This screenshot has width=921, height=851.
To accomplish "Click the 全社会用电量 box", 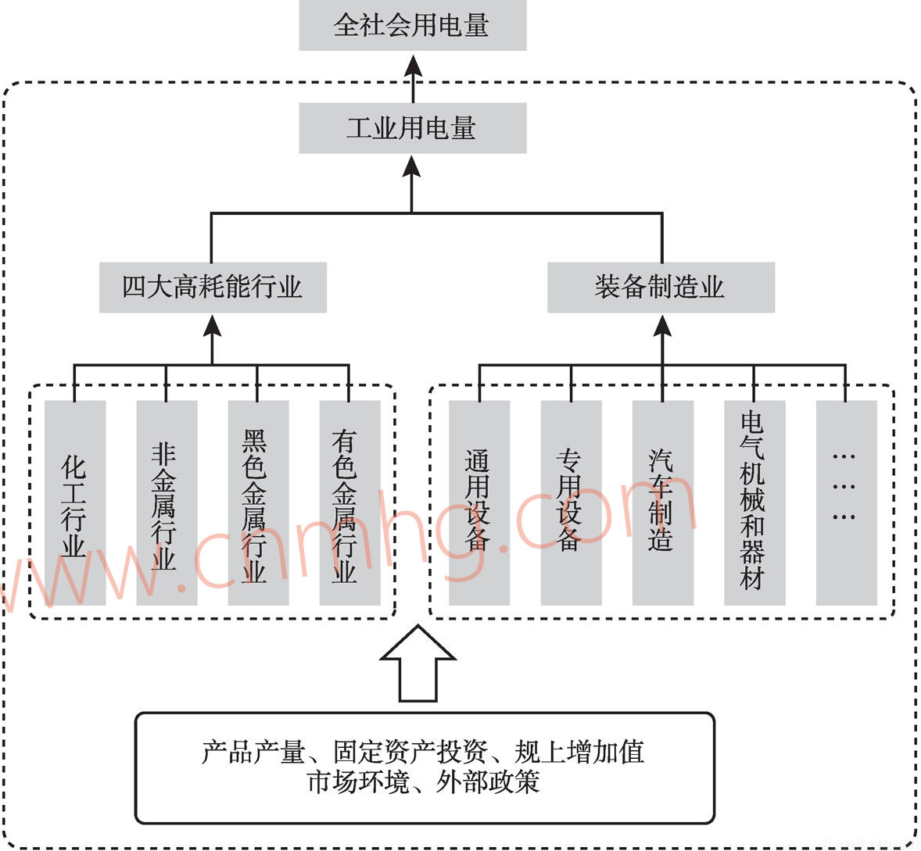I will (412, 26).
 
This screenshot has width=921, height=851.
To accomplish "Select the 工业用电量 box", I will (412, 128).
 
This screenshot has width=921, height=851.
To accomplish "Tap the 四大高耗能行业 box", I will (213, 287).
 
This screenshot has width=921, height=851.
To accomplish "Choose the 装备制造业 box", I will (661, 287).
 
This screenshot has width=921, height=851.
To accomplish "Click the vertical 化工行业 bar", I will (75, 503).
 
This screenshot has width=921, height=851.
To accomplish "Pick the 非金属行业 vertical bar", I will (167, 503).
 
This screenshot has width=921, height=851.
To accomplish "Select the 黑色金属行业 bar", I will (258, 503).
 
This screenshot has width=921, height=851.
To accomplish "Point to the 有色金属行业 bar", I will (349, 503).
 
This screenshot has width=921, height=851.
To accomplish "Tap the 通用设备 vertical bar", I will (479, 503).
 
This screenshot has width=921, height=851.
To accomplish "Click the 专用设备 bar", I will (571, 503).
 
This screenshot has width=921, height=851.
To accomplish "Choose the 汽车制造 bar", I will (662, 503).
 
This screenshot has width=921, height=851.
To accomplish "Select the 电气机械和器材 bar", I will (754, 503).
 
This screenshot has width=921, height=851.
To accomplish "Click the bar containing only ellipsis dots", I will (846, 503).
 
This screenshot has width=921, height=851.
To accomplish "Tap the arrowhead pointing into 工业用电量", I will (413, 166).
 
